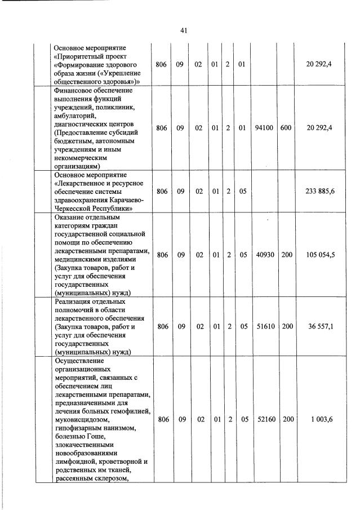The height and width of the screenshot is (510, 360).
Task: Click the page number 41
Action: point(183,31)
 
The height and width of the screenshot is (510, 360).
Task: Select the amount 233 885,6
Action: point(320,192)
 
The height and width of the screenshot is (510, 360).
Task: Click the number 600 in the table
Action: point(286,128)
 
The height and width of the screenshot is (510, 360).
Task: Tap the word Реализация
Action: point(75,301)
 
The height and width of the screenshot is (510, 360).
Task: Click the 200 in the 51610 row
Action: point(287,326)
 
